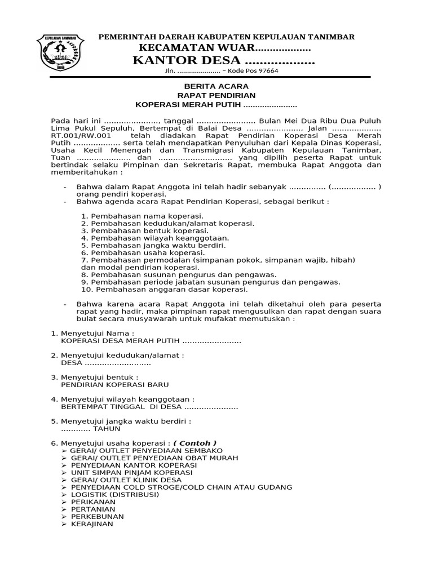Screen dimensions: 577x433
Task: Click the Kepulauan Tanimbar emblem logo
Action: point(60,52)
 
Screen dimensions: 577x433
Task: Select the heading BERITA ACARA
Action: point(216,87)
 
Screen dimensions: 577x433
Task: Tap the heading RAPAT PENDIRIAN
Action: point(216,96)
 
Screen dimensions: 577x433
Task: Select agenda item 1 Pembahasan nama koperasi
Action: point(142,216)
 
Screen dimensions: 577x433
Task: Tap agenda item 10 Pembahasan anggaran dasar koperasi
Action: point(164,290)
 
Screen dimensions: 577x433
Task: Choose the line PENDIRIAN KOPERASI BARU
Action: point(111,384)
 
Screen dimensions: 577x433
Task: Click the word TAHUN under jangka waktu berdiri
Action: point(107,428)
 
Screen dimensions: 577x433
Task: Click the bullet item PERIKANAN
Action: point(93,501)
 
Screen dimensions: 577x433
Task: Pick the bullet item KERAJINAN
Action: point(92,523)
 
